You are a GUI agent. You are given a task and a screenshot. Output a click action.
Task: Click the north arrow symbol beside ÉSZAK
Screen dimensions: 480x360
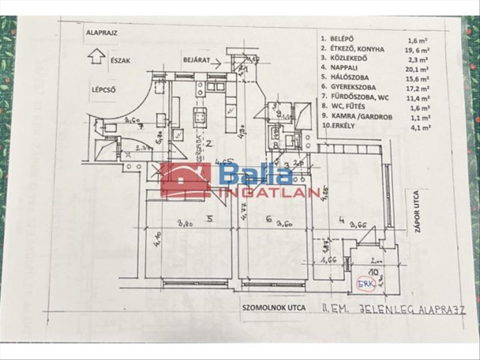point(96,56)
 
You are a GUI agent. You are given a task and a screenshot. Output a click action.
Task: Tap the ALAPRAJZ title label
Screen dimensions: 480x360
point(101,33)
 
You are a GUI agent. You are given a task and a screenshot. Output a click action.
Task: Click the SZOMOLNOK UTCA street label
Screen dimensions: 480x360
point(274,308)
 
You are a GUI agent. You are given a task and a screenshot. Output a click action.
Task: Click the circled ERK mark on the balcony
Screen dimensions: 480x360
point(366,285)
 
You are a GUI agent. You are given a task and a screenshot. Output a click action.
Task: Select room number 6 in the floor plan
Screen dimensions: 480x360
point(268,219)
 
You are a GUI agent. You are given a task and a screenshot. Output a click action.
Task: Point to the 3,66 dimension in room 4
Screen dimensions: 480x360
point(358,225)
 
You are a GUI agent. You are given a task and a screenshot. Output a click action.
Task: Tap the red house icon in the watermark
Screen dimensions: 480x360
point(185,180)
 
